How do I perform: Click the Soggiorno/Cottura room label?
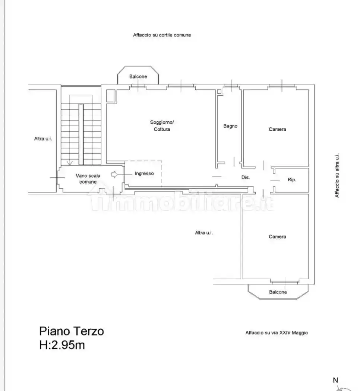click(x=162, y=126)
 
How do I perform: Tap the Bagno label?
click(x=230, y=126)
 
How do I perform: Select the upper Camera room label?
click(x=277, y=129)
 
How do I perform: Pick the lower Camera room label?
click(x=277, y=236)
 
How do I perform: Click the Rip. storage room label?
click(x=292, y=179)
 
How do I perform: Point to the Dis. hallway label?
click(x=246, y=177)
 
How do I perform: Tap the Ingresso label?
click(x=144, y=174)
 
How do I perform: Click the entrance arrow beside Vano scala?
click(x=114, y=174)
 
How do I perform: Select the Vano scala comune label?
click(x=88, y=179)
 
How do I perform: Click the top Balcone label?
click(x=138, y=77)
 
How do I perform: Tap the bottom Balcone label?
click(x=278, y=292)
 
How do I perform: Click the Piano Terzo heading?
click(x=72, y=331)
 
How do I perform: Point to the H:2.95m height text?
click(x=62, y=345)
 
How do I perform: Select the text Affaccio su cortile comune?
click(x=162, y=35)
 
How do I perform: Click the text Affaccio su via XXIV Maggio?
click(x=277, y=333)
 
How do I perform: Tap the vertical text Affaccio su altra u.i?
click(x=337, y=175)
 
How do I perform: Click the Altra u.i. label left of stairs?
click(x=43, y=139)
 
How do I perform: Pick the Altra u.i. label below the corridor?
click(x=204, y=233)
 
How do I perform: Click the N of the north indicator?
click(x=335, y=380)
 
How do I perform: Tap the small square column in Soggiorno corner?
click(x=111, y=95)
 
